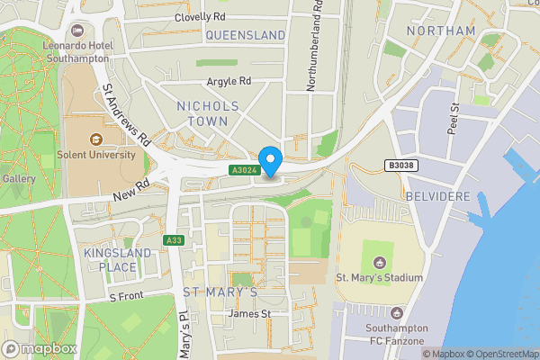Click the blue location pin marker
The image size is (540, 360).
click(x=270, y=159)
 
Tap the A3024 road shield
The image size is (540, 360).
click(x=243, y=170)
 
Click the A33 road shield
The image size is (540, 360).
click(x=175, y=240)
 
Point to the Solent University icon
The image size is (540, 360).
click(x=95, y=140)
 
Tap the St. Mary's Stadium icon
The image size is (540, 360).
click(x=379, y=262)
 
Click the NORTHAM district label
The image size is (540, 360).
click(x=441, y=31)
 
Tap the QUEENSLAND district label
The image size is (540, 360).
click(x=246, y=35)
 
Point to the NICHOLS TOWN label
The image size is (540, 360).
click(x=209, y=114)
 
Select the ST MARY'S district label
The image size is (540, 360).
click(x=220, y=292)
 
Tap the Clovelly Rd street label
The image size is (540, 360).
click(x=200, y=16)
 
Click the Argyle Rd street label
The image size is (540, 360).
click(x=229, y=81)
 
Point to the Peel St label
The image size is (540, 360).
click(x=454, y=118)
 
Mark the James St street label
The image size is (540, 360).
click(x=249, y=313)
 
